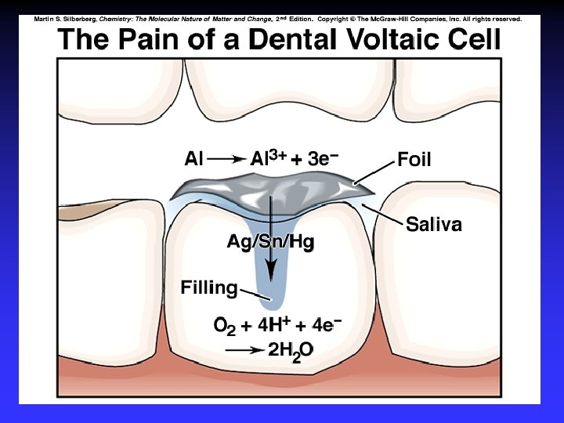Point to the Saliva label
[x=433, y=226]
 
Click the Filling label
[x=208, y=287]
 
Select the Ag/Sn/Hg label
[x=270, y=242]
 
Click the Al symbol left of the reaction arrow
[x=193, y=160]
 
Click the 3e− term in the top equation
[x=323, y=159]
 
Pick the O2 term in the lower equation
[x=225, y=325]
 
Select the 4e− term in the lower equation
[x=325, y=324]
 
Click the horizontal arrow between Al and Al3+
[x=227, y=160]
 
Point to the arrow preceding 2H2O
[x=244, y=351]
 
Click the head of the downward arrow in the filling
[x=271, y=270]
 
